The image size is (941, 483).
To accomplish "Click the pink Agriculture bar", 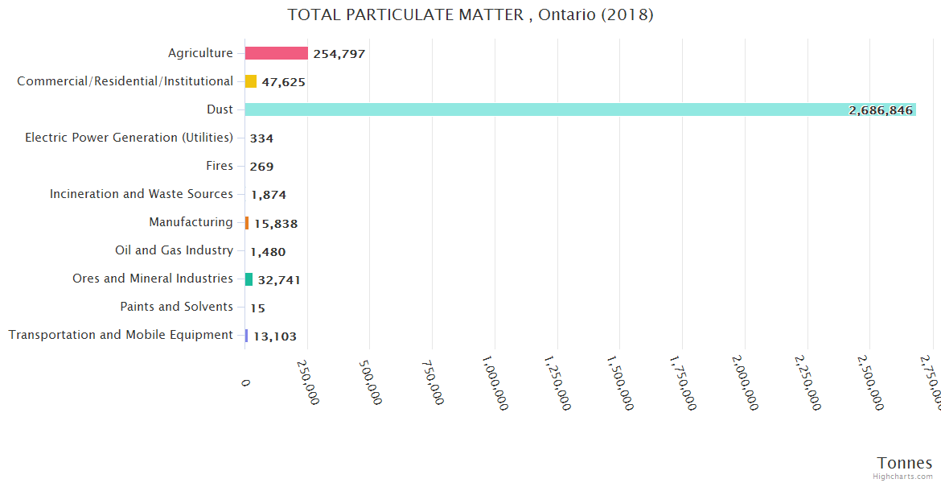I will (x=276, y=53).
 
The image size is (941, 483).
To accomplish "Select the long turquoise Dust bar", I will (x=579, y=109).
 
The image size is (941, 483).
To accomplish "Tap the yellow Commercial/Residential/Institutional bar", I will (x=251, y=81).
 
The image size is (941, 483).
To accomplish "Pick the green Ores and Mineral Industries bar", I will (x=249, y=279).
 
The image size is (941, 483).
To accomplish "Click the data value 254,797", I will (x=339, y=54).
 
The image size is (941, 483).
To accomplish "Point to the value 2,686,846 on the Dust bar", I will (x=881, y=110).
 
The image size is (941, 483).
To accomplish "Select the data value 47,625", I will (x=283, y=82).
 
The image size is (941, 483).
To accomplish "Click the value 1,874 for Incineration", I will (x=268, y=195).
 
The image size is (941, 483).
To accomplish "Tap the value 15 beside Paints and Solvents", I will (x=257, y=308).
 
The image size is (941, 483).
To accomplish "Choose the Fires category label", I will (x=219, y=166).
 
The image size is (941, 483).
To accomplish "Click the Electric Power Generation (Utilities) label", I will (x=129, y=138).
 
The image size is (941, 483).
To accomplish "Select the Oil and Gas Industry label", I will (x=174, y=250).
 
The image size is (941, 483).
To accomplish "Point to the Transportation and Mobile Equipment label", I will (x=121, y=335).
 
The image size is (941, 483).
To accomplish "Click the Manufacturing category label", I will (x=191, y=222).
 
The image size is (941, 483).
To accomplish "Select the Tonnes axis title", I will (x=905, y=463).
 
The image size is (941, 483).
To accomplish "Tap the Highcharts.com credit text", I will (x=905, y=477).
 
